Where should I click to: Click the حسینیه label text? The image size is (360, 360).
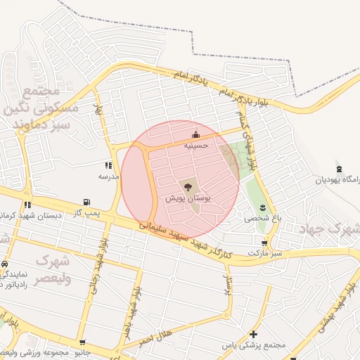(196, 145)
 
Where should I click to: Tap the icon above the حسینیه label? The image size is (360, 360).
(195, 135)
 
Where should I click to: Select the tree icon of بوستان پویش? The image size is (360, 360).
(188, 187)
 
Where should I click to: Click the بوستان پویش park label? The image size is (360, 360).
(188, 199)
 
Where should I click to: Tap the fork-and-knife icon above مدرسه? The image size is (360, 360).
(108, 165)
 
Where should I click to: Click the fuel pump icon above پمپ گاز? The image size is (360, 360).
(86, 202)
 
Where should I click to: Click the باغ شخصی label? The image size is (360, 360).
(262, 218)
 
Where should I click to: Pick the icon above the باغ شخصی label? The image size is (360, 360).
(262, 207)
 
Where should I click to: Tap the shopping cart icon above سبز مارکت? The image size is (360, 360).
(264, 243)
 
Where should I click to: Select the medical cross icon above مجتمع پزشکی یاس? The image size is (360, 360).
(253, 334)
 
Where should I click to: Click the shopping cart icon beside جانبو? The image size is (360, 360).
(83, 343)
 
